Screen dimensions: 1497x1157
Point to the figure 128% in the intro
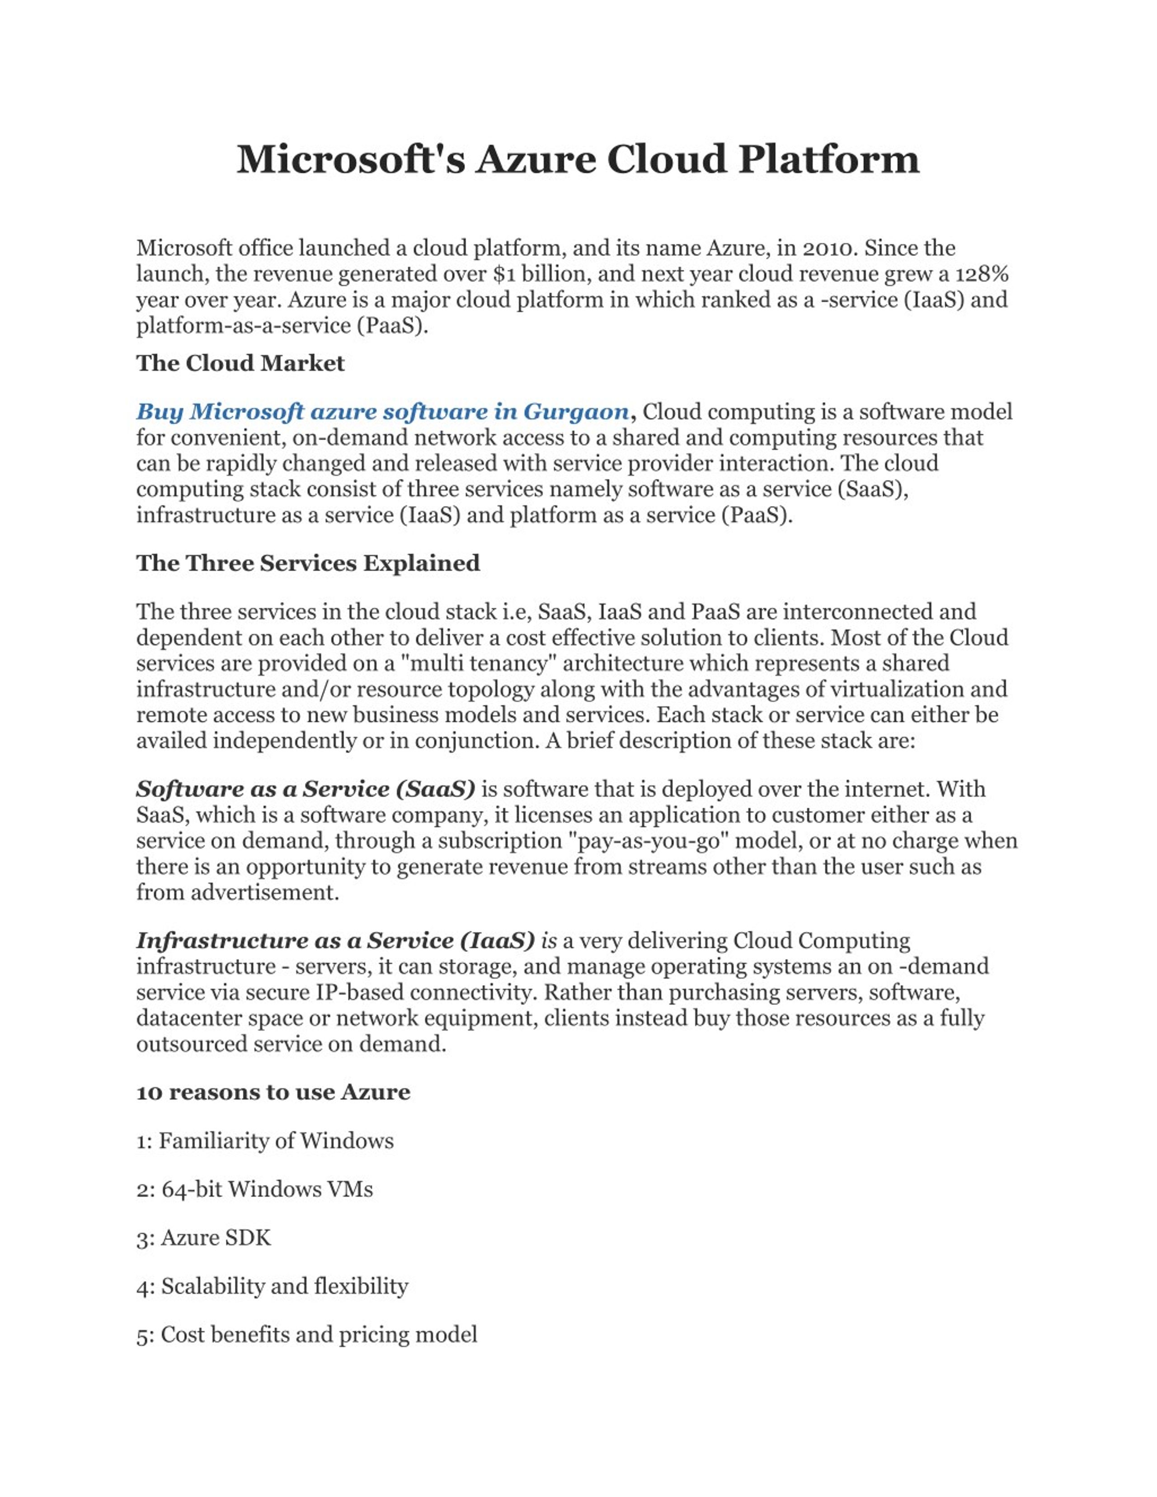click(982, 274)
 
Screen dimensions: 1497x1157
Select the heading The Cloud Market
click(240, 363)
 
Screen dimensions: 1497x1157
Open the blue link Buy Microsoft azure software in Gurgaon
click(382, 412)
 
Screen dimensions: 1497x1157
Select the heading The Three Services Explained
click(308, 563)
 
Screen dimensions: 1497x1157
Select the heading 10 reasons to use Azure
click(273, 1092)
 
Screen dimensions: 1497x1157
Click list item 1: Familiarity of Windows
click(264, 1140)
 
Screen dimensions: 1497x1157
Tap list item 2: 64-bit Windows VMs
click(254, 1189)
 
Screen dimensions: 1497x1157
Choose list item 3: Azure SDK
click(203, 1238)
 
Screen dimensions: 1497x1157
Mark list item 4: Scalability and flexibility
click(272, 1286)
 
